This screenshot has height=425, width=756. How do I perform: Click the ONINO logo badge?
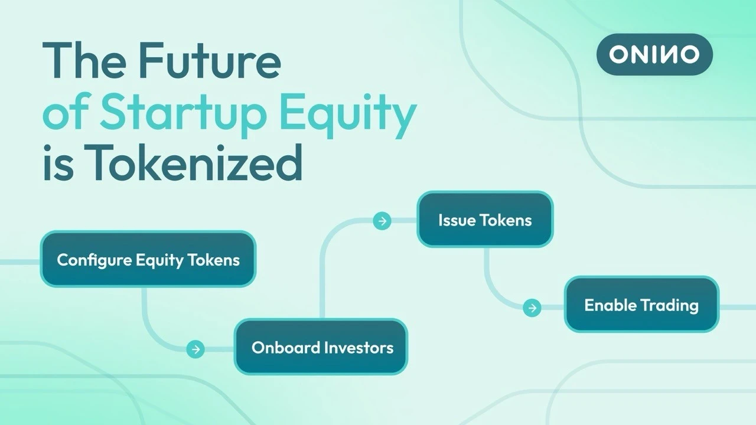654,54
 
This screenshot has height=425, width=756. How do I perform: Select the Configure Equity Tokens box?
148,259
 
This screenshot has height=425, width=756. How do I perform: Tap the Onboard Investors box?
321,346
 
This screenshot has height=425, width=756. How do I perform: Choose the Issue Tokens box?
485,220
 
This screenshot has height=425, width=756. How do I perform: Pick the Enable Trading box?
641,305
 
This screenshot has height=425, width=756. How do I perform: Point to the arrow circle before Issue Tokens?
382,221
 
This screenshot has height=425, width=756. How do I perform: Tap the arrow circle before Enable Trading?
532,308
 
